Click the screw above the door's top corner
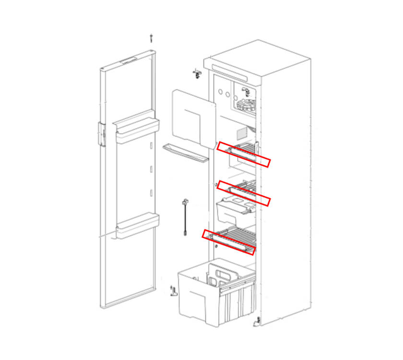coord(152,38)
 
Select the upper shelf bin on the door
coord(137,132)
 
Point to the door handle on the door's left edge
coord(102,133)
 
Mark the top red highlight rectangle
coord(244,154)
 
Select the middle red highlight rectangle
coord(244,193)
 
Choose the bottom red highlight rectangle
coord(229,242)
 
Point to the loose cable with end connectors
coord(184,216)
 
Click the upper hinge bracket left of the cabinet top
coord(197,73)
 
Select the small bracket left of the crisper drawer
coord(174,290)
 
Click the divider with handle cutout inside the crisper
coord(223,274)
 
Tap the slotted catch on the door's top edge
coord(129,61)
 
